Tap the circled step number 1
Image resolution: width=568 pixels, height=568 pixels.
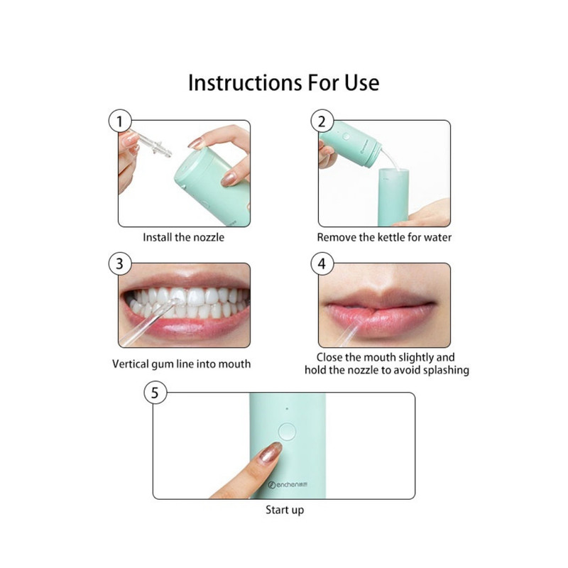point(120,121)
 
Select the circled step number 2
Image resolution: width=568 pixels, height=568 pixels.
point(322,121)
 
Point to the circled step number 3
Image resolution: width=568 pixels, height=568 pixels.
point(120,263)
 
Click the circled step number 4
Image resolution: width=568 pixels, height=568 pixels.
point(322,263)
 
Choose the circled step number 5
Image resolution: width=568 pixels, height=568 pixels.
point(155,393)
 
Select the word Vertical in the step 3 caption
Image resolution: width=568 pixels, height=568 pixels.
point(131,364)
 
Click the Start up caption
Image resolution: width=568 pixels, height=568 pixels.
point(285,510)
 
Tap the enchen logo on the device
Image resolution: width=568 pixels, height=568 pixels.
point(288,484)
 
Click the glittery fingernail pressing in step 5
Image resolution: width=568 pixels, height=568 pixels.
point(271,452)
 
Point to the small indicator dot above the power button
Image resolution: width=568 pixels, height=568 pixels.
point(287,409)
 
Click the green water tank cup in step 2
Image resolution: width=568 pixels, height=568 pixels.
point(393,197)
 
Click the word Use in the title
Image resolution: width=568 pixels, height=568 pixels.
point(361,83)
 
